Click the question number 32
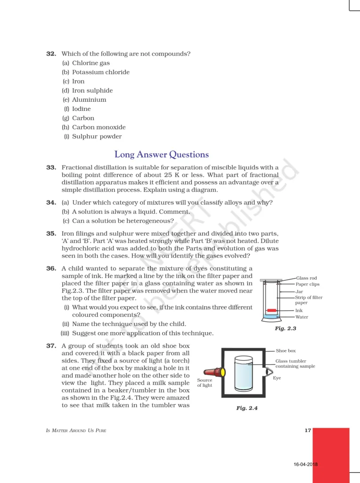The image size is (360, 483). click(x=51, y=54)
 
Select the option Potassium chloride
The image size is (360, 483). click(x=100, y=72)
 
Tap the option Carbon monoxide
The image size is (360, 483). click(x=98, y=127)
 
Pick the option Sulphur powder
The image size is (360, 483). click(x=97, y=137)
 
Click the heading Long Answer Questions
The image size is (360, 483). click(x=162, y=155)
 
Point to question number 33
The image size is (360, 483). click(x=51, y=167)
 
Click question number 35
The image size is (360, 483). click(x=51, y=233)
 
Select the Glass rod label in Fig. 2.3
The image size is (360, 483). click(x=306, y=278)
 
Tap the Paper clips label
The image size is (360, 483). click(x=308, y=284)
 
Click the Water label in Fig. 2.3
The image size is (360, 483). click(x=302, y=317)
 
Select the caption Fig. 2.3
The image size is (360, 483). click(x=286, y=328)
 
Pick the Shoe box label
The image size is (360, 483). click(x=286, y=351)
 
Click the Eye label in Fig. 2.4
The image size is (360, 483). click(x=277, y=378)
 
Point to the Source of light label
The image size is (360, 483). click(x=205, y=383)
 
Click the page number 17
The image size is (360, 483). click(x=308, y=430)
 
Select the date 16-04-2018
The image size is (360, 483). click(x=305, y=465)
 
